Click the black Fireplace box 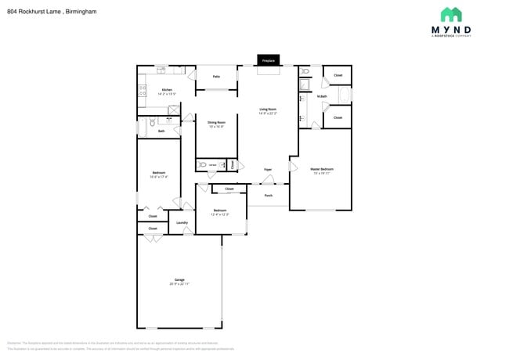pyautogui.click(x=269, y=59)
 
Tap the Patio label pyautogui.click(x=216, y=77)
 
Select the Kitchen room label pyautogui.click(x=167, y=90)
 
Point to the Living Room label pyautogui.click(x=269, y=110)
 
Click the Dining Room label pyautogui.click(x=216, y=123)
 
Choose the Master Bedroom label pyautogui.click(x=322, y=169)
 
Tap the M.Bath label pyautogui.click(x=322, y=96)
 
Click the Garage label pyautogui.click(x=179, y=280)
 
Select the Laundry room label pyautogui.click(x=182, y=223)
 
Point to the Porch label pyautogui.click(x=269, y=195)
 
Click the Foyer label pyautogui.click(x=267, y=169)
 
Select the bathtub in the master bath pyautogui.click(x=338, y=96)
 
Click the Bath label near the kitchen pyautogui.click(x=161, y=131)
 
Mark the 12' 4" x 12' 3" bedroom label pyautogui.click(x=221, y=211)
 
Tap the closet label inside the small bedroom pyautogui.click(x=229, y=189)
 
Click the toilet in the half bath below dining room pyautogui.click(x=203, y=164)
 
